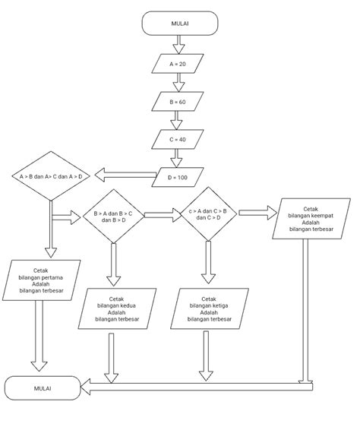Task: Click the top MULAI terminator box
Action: [179, 24]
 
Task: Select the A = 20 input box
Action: [178, 64]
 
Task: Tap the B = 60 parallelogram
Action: [178, 101]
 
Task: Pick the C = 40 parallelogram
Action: [178, 140]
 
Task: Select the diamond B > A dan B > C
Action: [113, 217]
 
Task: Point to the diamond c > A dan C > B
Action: [207, 213]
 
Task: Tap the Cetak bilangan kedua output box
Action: [117, 308]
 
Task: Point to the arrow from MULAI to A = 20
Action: [178, 44]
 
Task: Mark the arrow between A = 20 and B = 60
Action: [178, 82]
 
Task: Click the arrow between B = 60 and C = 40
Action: [178, 120]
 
